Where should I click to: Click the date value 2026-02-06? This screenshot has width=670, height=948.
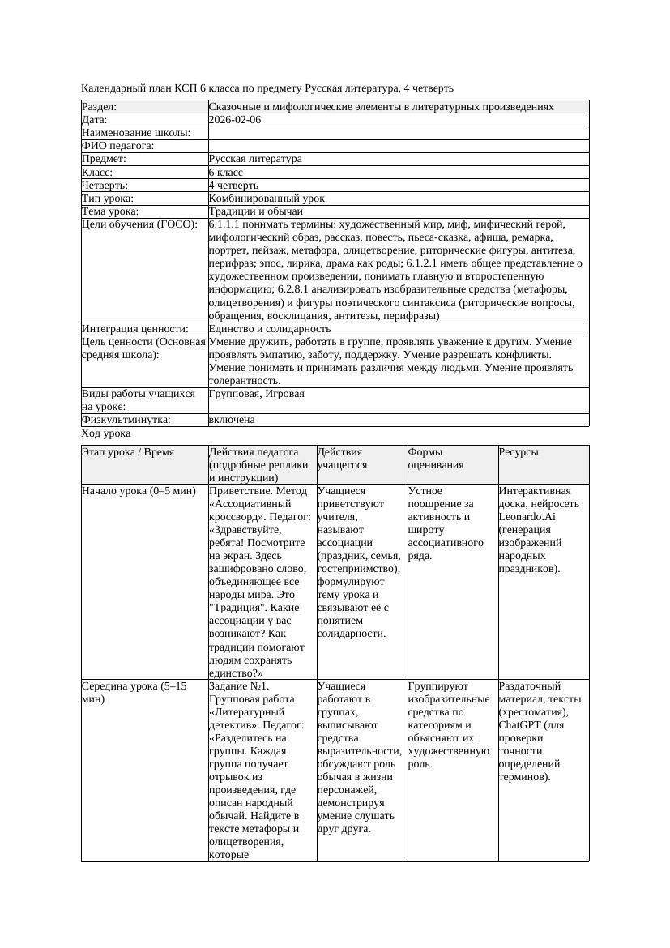click(235, 120)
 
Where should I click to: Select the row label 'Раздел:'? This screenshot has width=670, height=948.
click(100, 107)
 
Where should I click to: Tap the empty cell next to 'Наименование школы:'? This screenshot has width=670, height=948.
click(398, 133)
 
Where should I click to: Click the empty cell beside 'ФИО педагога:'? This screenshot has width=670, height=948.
click(398, 146)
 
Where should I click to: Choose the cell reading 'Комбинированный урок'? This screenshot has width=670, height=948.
click(267, 198)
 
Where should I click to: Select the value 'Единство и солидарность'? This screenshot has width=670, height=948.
click(270, 329)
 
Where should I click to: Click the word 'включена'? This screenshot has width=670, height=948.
click(232, 420)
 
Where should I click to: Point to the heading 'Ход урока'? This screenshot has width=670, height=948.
click(106, 433)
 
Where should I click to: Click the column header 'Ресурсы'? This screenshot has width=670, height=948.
click(519, 452)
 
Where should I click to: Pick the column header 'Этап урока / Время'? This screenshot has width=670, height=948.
click(128, 452)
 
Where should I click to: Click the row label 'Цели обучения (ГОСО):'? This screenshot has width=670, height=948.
click(139, 224)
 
